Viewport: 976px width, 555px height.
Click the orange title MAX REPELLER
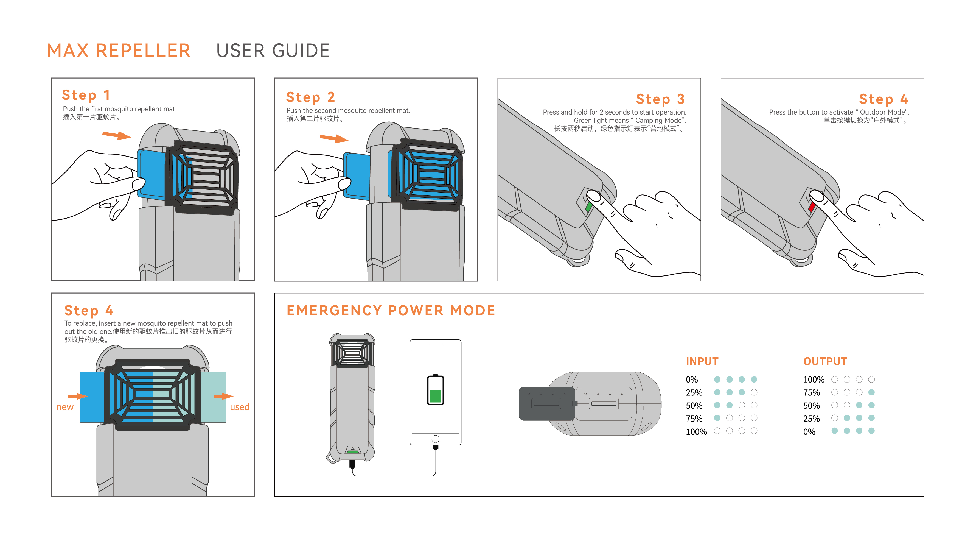tap(119, 51)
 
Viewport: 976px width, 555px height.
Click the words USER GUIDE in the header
tap(273, 51)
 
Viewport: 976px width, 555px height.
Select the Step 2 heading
tap(310, 97)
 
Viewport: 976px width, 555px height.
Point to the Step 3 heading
tap(660, 99)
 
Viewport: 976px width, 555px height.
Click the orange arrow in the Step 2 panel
tap(334, 138)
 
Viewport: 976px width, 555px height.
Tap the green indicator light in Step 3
tap(588, 207)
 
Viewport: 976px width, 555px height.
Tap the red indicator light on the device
tap(812, 207)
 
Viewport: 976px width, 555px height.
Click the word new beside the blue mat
tap(65, 407)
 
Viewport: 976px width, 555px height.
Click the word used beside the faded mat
tap(240, 407)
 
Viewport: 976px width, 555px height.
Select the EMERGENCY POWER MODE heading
tap(391, 310)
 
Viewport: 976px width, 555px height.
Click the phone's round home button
tap(435, 439)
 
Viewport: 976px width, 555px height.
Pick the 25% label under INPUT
tap(694, 393)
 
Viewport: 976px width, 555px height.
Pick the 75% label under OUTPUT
tap(811, 393)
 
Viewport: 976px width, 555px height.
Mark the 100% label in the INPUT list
tap(696, 432)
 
